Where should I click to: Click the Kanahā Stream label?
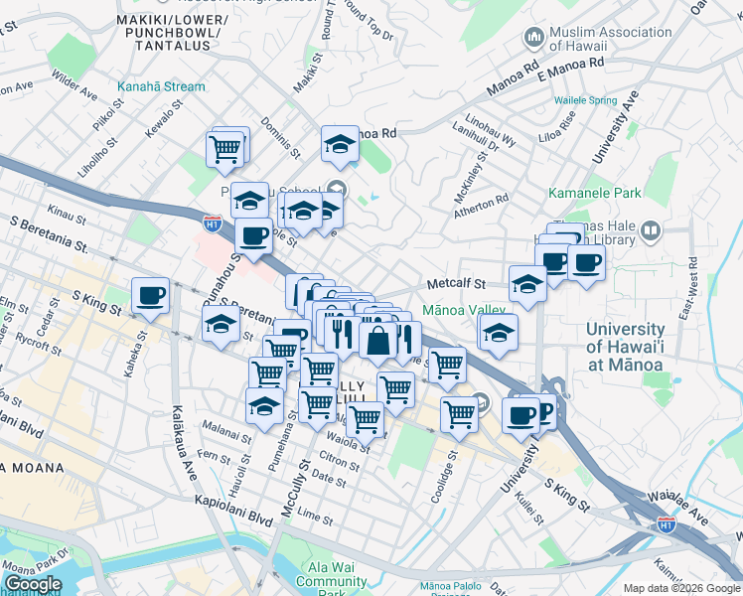click(x=161, y=86)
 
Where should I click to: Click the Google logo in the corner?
click(x=33, y=584)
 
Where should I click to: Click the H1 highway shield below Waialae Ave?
click(x=667, y=523)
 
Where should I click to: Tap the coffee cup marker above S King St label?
click(x=151, y=295)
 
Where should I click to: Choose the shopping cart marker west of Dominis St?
click(x=225, y=149)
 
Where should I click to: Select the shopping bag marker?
click(x=379, y=341)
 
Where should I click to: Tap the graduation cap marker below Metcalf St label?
click(x=527, y=284)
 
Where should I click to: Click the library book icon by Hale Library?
click(x=650, y=231)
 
